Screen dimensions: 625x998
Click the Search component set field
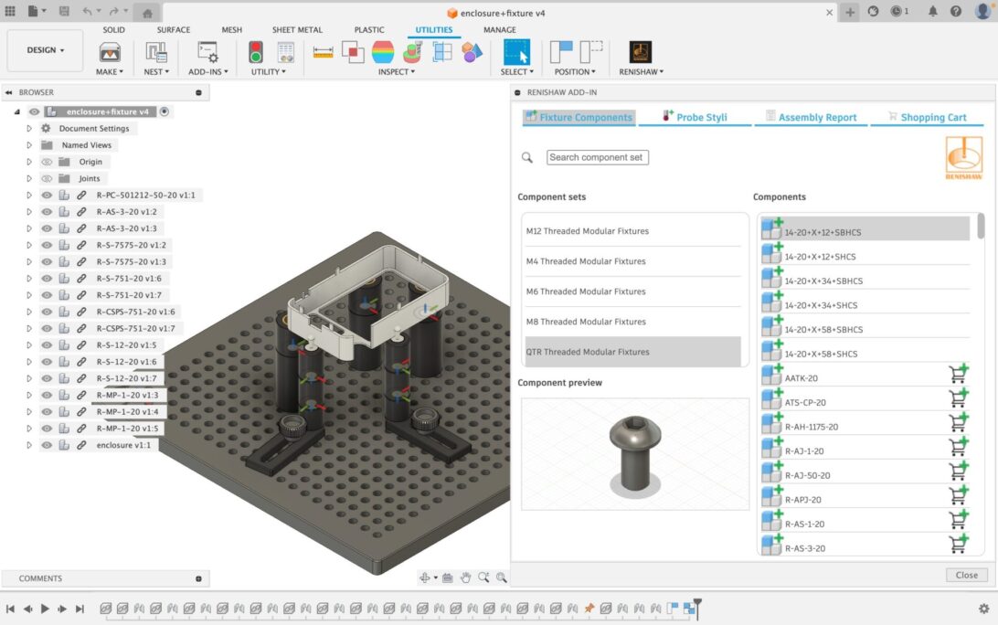click(597, 157)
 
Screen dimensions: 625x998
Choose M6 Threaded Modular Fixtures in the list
click(586, 291)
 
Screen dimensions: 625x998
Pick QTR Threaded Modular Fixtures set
click(588, 352)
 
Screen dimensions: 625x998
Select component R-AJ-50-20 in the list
click(808, 475)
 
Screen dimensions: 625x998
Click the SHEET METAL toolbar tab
click(297, 29)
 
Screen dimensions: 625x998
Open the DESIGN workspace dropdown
click(46, 50)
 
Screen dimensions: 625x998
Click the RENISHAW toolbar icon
click(641, 52)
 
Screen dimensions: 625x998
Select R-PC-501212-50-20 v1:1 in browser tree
click(145, 195)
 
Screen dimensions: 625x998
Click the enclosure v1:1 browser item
click(123, 445)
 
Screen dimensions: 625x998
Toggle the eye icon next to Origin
click(47, 162)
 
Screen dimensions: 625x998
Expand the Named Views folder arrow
click(29, 145)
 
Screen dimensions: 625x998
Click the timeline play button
click(45, 609)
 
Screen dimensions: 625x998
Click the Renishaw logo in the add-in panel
click(963, 157)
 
